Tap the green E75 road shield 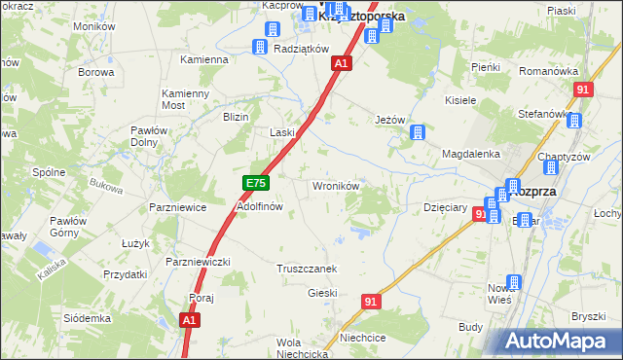255,183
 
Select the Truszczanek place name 307,269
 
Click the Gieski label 322,293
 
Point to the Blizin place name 236,117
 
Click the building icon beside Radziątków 260,48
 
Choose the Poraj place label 202,298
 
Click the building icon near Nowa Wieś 514,283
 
